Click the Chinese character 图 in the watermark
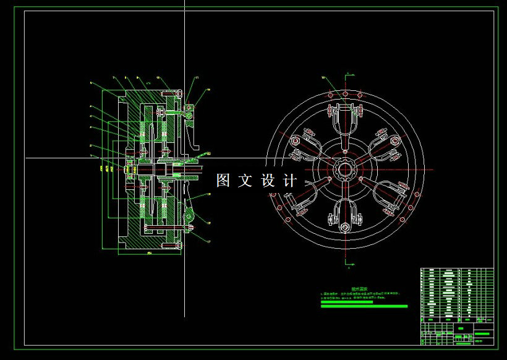point(223,181)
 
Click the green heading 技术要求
point(359,289)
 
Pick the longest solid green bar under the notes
point(364,306)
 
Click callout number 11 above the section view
point(197,78)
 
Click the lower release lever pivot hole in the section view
point(190,216)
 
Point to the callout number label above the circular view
point(323,77)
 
